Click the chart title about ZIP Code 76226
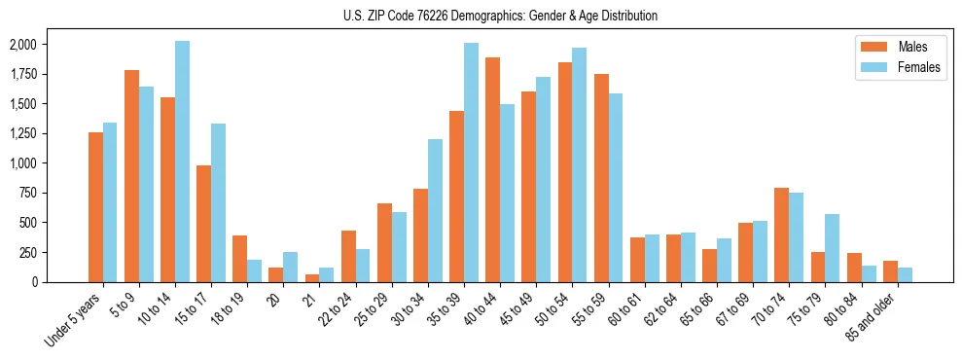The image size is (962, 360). point(500,16)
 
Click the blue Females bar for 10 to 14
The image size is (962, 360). point(182,162)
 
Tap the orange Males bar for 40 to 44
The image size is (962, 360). point(492,170)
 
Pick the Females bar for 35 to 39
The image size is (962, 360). point(471,162)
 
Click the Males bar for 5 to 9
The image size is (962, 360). point(131,176)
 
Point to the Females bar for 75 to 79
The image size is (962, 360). point(832,248)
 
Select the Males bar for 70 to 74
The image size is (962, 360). point(781,234)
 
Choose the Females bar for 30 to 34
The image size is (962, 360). point(435,210)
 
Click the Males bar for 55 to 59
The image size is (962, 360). point(601,178)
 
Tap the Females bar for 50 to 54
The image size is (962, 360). point(579,164)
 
